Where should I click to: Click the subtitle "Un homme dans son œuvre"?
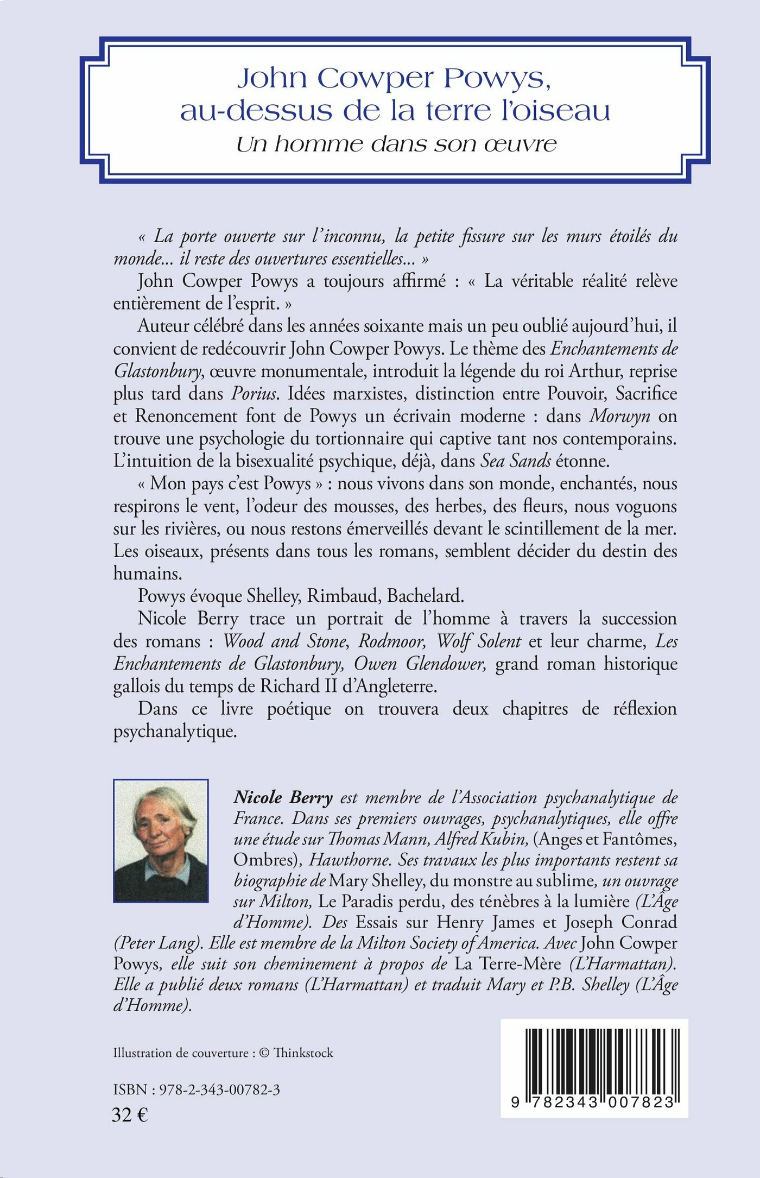tap(397, 144)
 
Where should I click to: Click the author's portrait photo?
tap(161, 841)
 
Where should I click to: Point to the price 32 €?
tap(130, 1115)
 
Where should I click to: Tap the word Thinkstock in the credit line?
tap(303, 1053)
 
